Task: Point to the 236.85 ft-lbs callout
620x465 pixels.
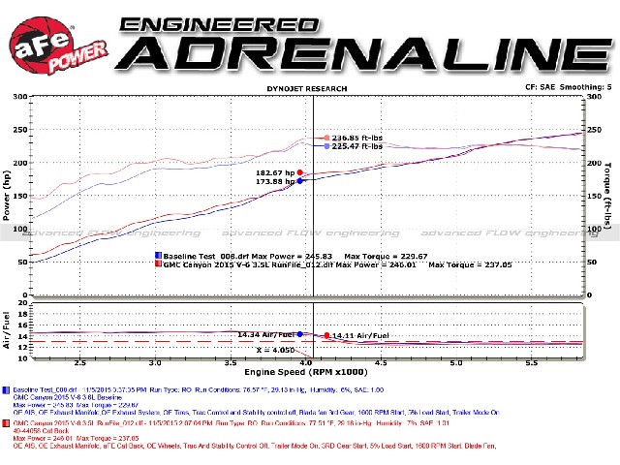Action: click(358, 138)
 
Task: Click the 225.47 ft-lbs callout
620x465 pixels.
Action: click(358, 147)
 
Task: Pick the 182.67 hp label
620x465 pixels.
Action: click(274, 171)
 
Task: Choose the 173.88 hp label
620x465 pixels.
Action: click(274, 181)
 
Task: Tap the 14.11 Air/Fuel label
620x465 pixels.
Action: click(361, 335)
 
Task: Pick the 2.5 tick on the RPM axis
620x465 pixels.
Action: click(80, 363)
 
